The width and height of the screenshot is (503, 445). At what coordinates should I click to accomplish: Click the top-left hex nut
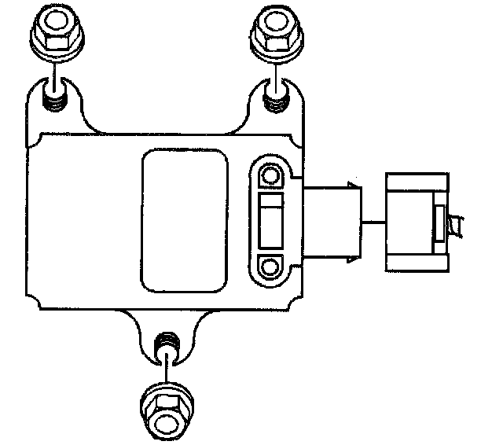[53, 33]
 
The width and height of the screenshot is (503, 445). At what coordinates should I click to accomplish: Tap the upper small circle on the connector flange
[270, 174]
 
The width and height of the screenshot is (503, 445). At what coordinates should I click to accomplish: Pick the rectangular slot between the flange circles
[270, 220]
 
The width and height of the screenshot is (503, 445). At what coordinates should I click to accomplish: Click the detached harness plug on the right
[415, 222]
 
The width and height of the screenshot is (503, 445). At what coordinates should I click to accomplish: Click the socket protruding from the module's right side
[331, 222]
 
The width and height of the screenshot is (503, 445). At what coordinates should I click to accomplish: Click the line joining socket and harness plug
[373, 223]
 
